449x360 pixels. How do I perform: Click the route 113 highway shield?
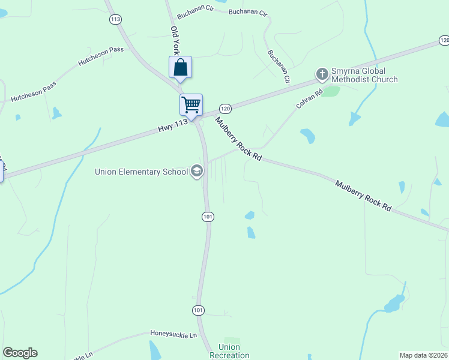point(115,20)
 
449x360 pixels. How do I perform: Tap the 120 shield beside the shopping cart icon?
point(225,109)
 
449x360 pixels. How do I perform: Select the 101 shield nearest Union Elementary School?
point(208,216)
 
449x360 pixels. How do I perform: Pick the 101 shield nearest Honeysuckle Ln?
point(199,310)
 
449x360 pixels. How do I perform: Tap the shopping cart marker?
point(191,105)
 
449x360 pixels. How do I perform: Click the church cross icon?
point(322,74)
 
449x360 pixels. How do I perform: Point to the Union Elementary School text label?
point(142,172)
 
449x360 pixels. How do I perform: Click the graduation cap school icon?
point(196,172)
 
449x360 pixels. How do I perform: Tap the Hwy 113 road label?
point(173,124)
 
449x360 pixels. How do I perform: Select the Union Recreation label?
point(229,351)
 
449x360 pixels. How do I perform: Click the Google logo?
point(20,353)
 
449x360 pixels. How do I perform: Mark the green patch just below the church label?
point(330,91)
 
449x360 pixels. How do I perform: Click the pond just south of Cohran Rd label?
point(308,136)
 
